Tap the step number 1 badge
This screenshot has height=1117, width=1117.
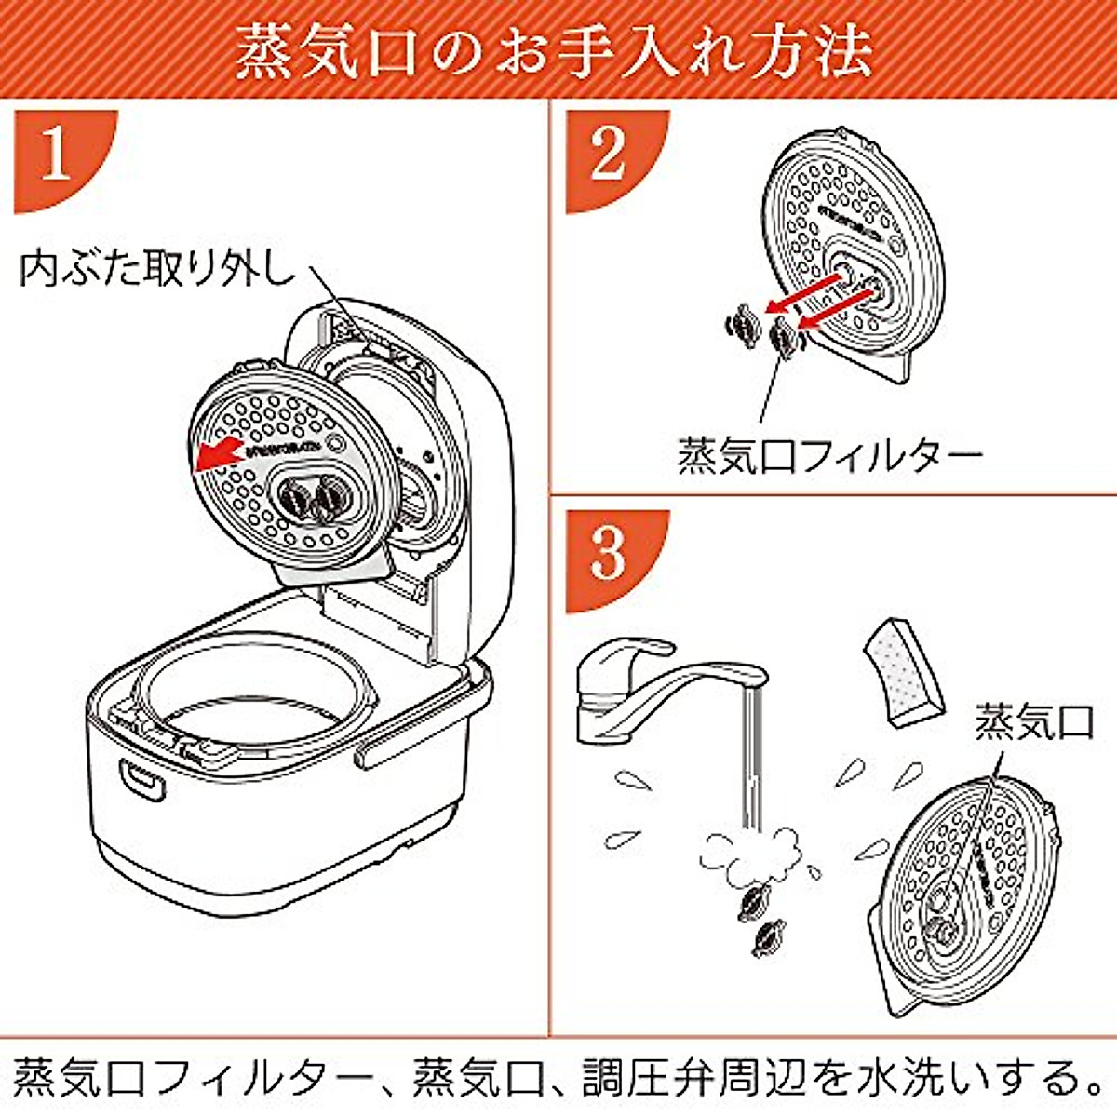pos(56,155)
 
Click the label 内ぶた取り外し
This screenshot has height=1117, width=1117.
pos(156,268)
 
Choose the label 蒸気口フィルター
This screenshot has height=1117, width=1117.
pos(828,455)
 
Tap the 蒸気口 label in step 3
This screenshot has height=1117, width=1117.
pos(1033,721)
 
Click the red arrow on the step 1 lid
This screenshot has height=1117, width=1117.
pos(219,453)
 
